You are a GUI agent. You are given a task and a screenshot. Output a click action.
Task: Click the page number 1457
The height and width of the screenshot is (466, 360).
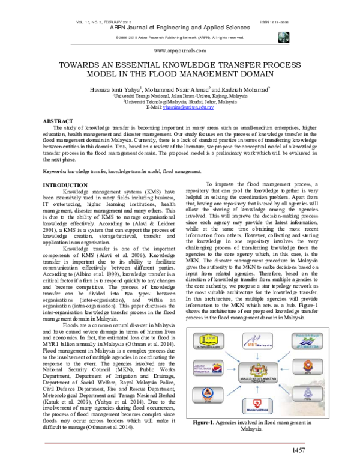[x=334, y=449]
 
